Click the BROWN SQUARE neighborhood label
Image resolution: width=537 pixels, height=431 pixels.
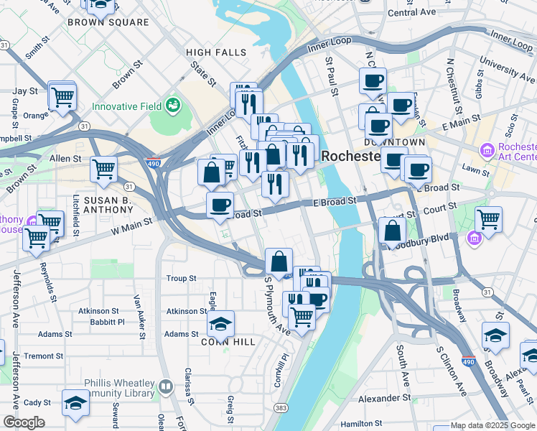[108, 22]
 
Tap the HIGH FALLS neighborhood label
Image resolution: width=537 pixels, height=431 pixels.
[215, 52]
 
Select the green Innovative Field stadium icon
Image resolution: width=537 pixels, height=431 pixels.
[172, 106]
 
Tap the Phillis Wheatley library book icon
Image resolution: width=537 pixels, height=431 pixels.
[166, 387]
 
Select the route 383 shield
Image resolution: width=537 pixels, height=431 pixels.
[278, 408]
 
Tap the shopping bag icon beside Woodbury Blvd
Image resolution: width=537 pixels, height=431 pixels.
[392, 231]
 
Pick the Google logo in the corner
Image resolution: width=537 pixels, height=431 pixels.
[24, 422]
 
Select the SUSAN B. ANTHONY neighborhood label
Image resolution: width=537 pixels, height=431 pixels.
[108, 205]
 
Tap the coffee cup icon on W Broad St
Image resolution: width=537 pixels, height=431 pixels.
[220, 205]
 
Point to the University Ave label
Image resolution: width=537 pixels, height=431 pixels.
[508, 70]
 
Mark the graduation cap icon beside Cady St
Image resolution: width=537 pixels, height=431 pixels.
[75, 402]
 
